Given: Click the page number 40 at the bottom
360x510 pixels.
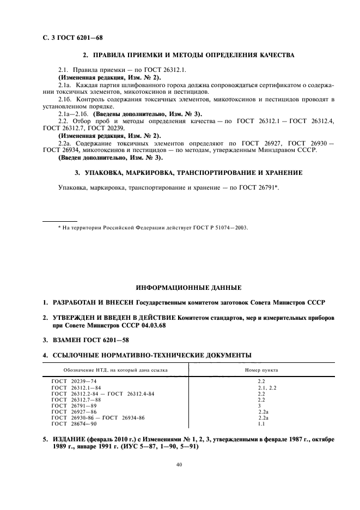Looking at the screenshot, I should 179,464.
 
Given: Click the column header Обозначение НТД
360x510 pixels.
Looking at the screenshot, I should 109,370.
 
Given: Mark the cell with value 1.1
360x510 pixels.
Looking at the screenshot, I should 261,424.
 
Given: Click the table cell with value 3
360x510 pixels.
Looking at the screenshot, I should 259,406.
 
